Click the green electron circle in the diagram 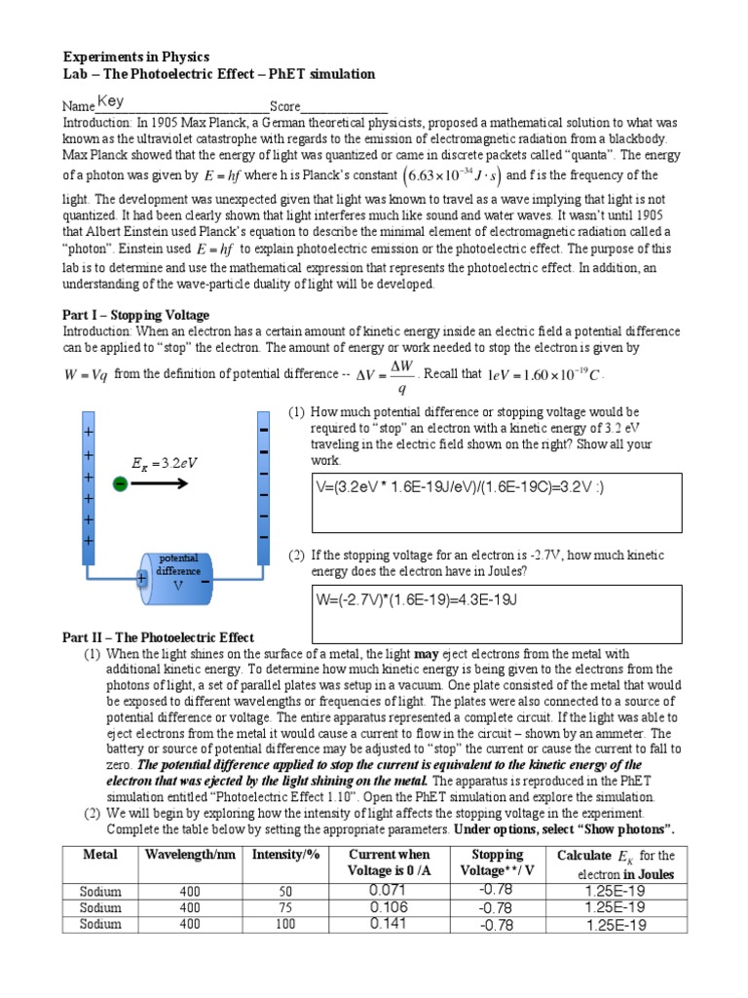tap(120, 483)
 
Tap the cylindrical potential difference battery tap(178, 578)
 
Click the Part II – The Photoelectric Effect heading tap(158, 636)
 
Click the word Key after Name tap(110, 101)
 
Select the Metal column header tap(99, 855)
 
